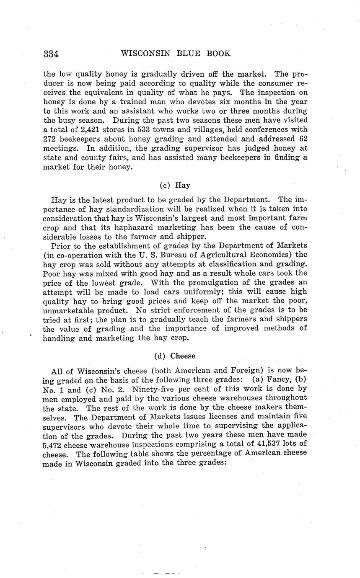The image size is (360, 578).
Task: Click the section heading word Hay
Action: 182,185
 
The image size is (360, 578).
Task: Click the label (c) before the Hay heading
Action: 165,185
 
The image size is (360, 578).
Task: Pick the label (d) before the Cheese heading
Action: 160,356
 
